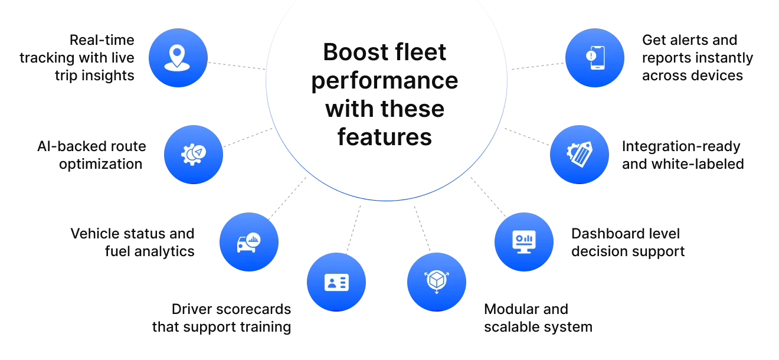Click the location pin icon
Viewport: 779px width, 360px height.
click(178, 58)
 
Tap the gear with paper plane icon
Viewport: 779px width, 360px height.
click(193, 153)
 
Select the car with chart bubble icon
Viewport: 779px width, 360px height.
click(248, 242)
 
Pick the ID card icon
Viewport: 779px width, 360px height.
click(336, 282)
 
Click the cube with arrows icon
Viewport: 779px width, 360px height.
click(436, 281)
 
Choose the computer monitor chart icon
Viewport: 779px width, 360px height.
click(523, 242)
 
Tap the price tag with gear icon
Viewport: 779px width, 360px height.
click(579, 153)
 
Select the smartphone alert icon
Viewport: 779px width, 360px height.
click(594, 58)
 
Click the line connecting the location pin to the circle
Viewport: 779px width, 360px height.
click(236, 64)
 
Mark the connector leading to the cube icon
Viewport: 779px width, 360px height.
click(421, 227)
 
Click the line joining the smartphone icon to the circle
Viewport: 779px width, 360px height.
click(536, 64)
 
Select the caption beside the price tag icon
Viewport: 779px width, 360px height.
click(682, 154)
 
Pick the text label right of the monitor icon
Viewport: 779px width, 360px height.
click(627, 243)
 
